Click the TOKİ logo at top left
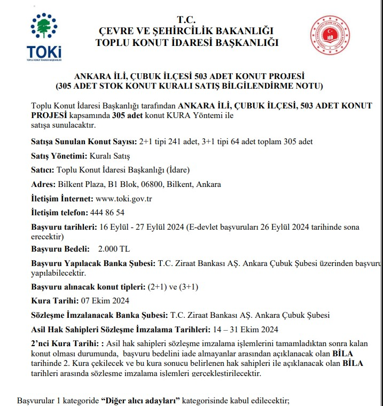tap(44, 37)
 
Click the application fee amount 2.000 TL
tap(114, 249)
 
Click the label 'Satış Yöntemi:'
tap(58, 157)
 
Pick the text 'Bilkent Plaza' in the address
tap(80, 184)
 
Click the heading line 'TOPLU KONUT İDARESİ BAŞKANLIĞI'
tap(187, 43)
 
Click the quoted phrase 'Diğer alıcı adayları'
tap(140, 400)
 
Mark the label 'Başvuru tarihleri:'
tap(65, 227)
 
